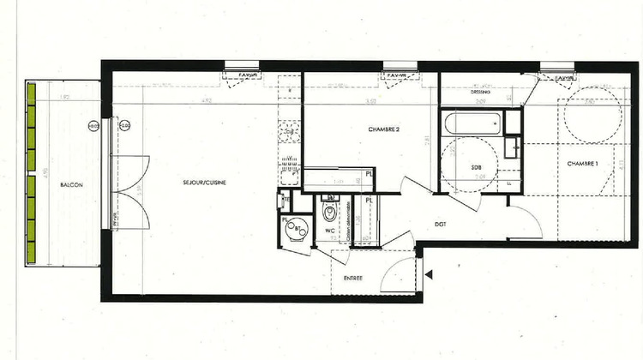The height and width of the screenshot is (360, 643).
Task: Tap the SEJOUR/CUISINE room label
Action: tap(205, 183)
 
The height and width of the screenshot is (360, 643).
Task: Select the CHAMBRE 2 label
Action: tap(385, 129)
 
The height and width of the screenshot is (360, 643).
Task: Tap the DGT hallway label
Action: tap(439, 225)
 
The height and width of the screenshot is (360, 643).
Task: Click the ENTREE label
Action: tap(352, 279)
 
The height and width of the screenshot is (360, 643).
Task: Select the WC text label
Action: tap(328, 231)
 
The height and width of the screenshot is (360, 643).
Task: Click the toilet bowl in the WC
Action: tap(328, 210)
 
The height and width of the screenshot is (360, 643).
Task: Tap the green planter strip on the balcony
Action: tap(33, 172)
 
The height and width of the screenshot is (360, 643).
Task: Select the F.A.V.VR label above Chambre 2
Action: tap(397, 75)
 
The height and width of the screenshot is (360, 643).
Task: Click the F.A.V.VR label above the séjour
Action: tap(243, 75)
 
